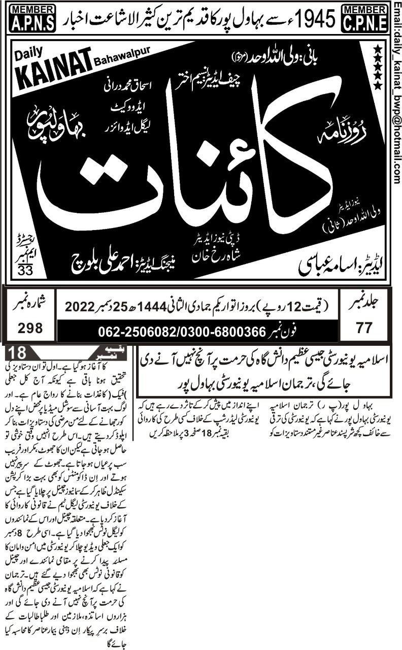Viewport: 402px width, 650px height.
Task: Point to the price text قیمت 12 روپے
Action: pyautogui.click(x=303, y=307)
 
